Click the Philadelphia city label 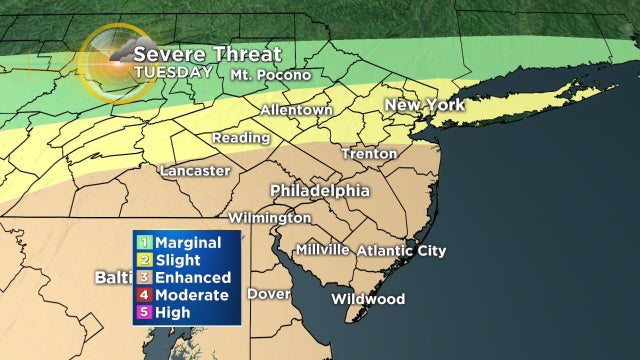[x=319, y=191]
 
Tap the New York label [x=427, y=105]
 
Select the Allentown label [x=296, y=110]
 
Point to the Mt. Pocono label [x=270, y=75]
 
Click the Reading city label [x=240, y=138]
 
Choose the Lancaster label [x=195, y=170]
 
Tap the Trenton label [x=369, y=154]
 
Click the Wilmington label [x=269, y=217]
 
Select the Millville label [x=322, y=250]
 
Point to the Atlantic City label [x=401, y=251]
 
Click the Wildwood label [x=369, y=299]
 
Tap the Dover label [x=268, y=295]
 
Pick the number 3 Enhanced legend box [x=144, y=277]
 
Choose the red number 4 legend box [x=144, y=295]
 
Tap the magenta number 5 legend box [x=144, y=313]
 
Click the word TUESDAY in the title [x=172, y=72]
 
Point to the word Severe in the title [x=164, y=53]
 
